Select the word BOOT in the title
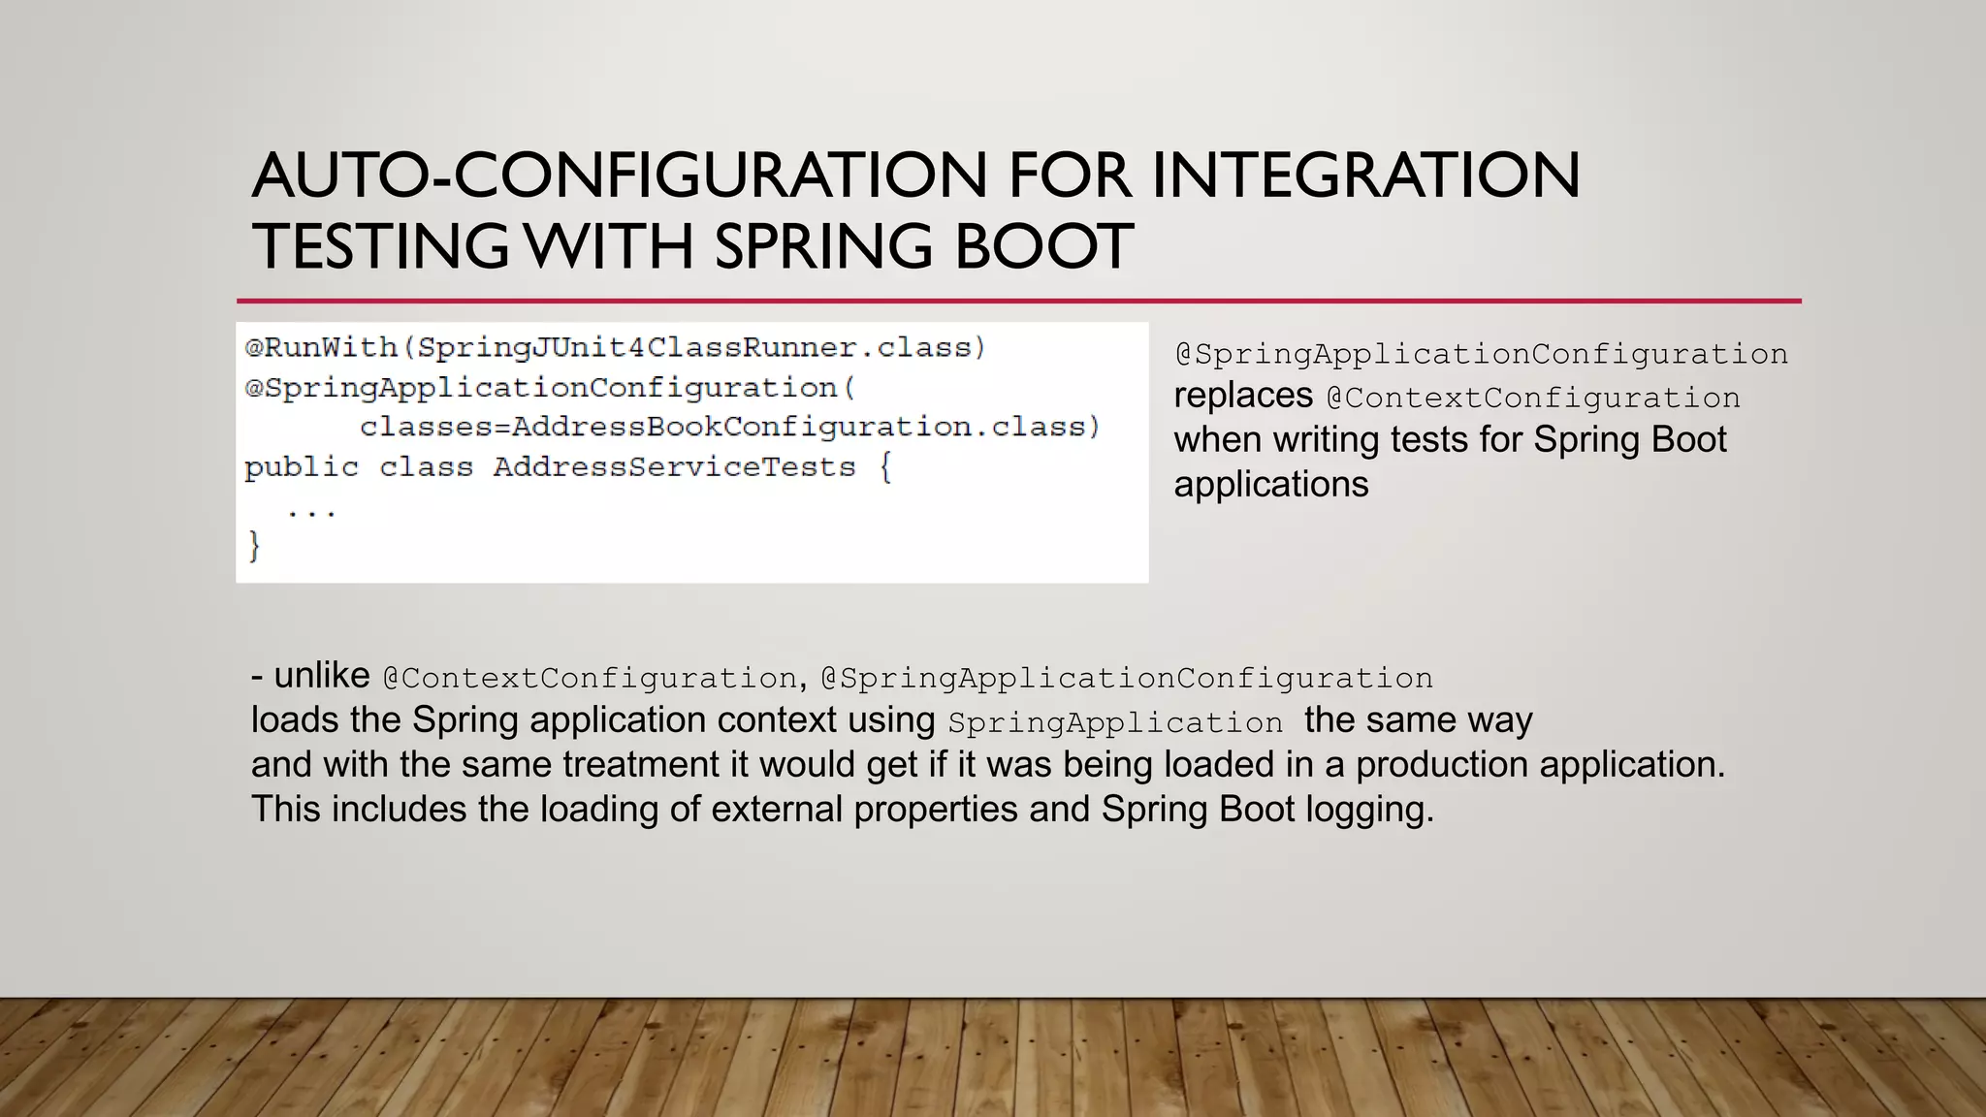pos(1043,246)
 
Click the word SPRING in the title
pos(824,246)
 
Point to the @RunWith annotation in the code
pos(321,347)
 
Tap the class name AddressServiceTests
pos(674,467)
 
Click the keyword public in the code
pos(301,467)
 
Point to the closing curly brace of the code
pos(254,546)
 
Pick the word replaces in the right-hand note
pos(1242,397)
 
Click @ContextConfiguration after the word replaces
pos(1533,398)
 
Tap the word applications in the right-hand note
pos(1270,485)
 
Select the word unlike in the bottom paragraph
pos(321,676)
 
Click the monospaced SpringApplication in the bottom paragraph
pos(1115,722)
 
